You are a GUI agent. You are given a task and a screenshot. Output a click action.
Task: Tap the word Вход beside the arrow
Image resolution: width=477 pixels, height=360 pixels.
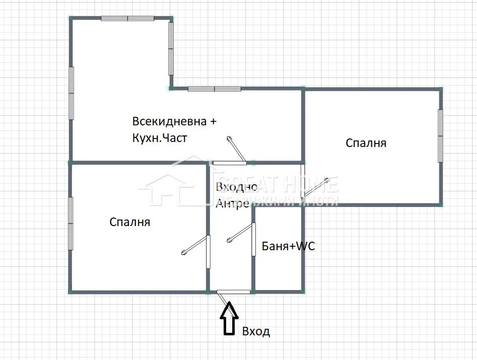point(256,331)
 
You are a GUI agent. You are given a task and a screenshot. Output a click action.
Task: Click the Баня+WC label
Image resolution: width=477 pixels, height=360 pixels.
point(288,246)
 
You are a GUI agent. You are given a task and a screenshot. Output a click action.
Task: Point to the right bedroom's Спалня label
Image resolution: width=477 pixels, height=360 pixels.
point(366,143)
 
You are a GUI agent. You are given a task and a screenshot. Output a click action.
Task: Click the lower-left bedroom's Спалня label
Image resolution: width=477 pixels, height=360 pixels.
point(129,222)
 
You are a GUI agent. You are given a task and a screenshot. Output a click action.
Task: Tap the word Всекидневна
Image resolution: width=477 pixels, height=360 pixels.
point(169,121)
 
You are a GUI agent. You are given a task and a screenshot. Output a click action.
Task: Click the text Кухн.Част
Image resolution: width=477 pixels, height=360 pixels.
point(160,138)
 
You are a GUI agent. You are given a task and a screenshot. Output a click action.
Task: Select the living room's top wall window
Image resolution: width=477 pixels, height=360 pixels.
point(127,19)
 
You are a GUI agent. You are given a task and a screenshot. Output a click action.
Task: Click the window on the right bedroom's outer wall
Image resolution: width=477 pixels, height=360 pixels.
point(440,136)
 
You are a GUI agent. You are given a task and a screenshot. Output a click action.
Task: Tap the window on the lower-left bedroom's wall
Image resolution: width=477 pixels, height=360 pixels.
point(71,224)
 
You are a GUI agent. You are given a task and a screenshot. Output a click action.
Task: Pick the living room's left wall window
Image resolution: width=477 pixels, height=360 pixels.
point(71,93)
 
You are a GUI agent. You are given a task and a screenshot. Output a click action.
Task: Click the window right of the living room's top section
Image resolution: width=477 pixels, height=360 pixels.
point(171,49)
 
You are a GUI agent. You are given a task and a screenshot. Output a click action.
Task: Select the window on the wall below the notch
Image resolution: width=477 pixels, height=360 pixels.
point(215,89)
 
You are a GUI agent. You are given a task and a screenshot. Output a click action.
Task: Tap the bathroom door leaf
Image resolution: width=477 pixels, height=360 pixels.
point(240,233)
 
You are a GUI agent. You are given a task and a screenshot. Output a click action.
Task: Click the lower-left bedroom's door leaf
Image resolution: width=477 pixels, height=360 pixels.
point(195,245)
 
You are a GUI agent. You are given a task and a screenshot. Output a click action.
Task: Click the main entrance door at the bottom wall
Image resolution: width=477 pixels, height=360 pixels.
point(234,292)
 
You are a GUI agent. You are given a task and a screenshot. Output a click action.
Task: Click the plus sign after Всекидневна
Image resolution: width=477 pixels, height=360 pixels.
point(213,122)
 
